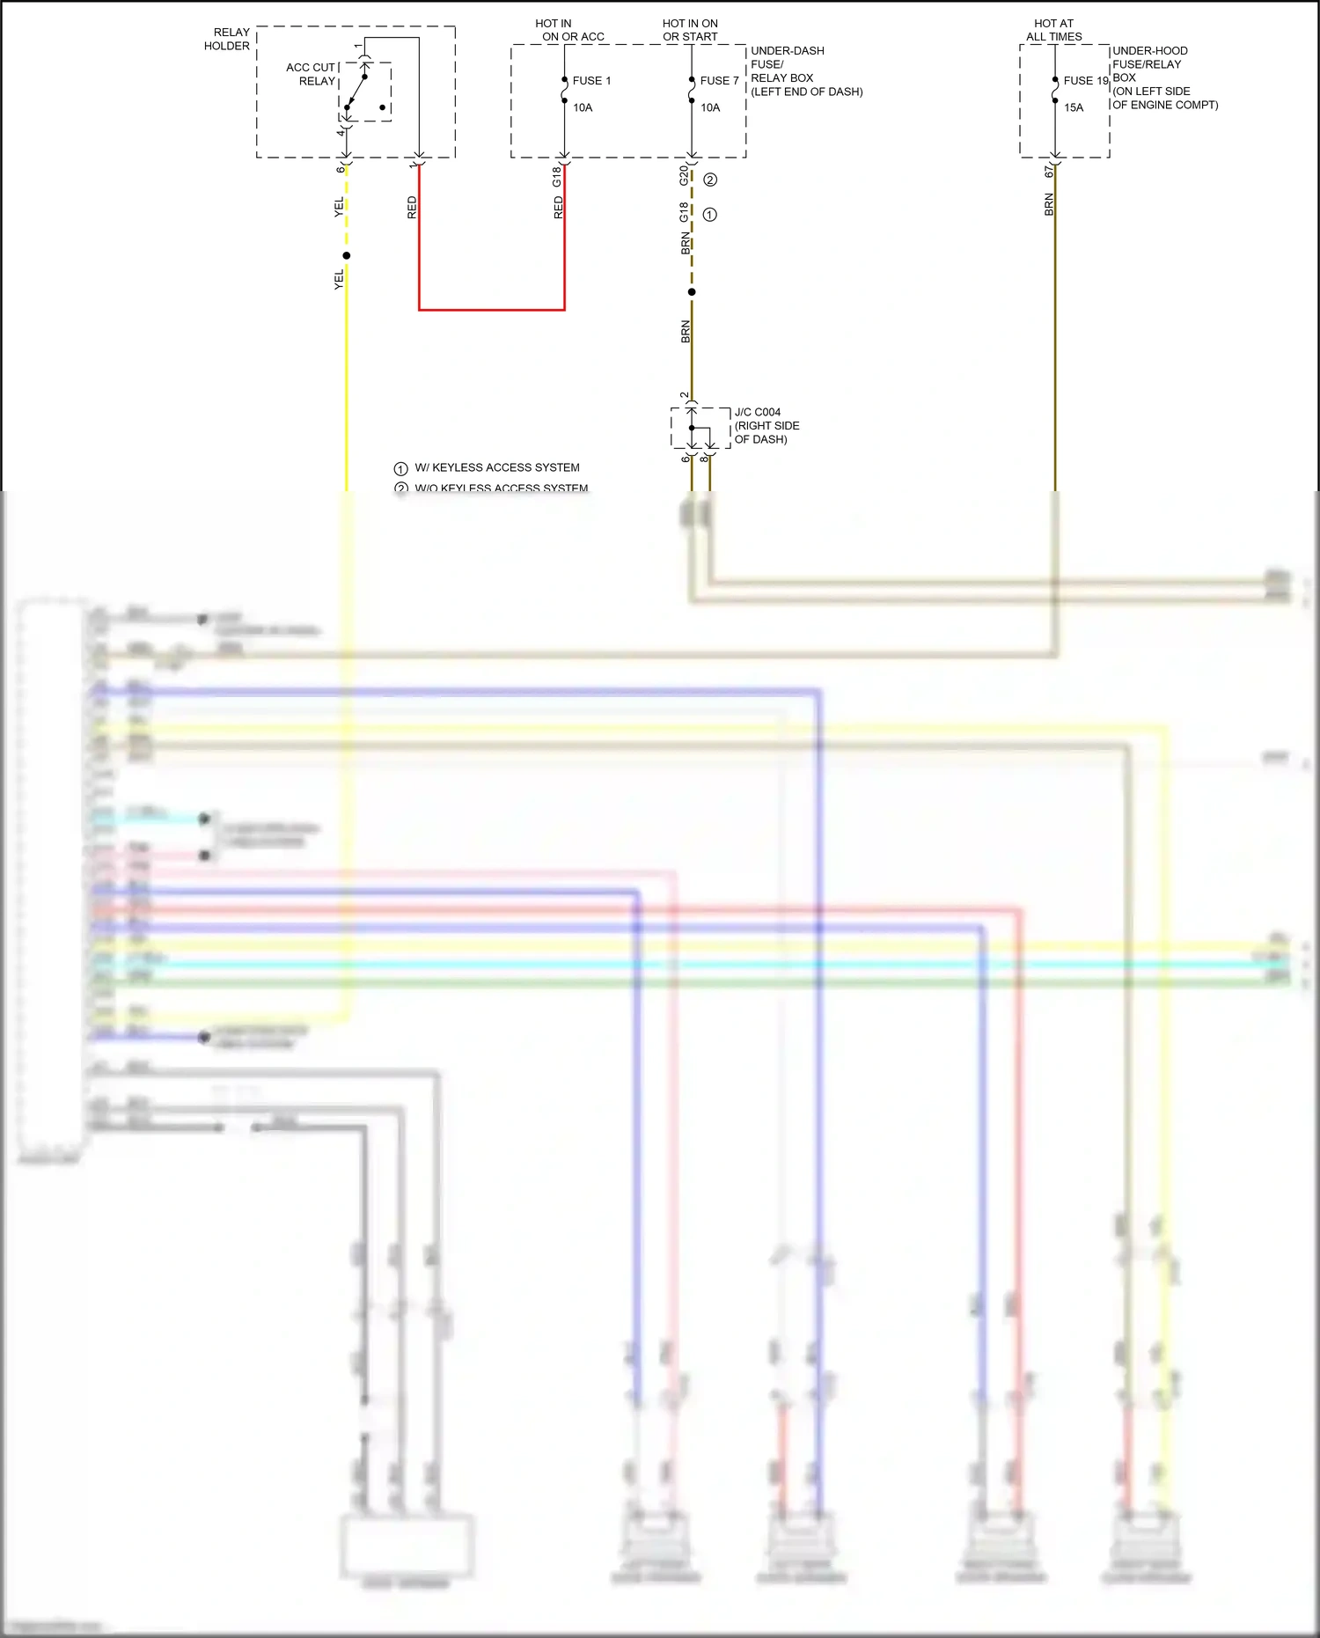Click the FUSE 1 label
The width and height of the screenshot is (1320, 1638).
point(590,80)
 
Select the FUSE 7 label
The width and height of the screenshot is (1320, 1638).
point(719,80)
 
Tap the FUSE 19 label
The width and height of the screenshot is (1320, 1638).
point(1085,80)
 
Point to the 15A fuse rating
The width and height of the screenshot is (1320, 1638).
point(1074,107)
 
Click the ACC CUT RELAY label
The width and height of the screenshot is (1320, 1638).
point(311,74)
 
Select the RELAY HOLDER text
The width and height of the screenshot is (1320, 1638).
point(227,39)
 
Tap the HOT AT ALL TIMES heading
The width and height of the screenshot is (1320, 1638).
point(1053,30)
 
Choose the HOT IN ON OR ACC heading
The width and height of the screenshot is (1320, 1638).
point(571,30)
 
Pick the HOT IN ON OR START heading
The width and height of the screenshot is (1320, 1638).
point(690,30)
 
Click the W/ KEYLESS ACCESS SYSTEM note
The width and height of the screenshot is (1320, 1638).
point(496,467)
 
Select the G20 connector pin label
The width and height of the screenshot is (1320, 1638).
point(684,175)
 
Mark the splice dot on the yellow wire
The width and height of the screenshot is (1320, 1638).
point(347,256)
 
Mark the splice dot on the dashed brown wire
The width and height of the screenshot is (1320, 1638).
point(692,292)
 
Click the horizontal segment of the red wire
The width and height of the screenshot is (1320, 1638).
point(491,310)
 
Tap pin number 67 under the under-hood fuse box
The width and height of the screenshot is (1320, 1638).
point(1049,172)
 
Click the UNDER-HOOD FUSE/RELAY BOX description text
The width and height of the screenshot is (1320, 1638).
point(1163,77)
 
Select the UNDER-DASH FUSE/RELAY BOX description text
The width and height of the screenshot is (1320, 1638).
point(805,71)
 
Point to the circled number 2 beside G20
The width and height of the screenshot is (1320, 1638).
point(710,180)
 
